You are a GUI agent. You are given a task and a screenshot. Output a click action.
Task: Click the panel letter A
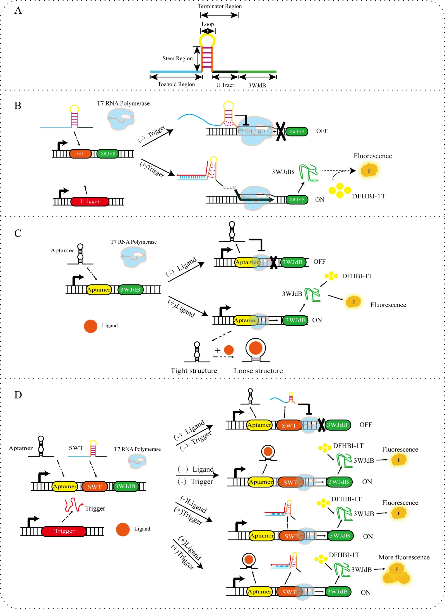(x=18, y=10)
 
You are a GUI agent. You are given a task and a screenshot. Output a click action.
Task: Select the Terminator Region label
(x=220, y=6)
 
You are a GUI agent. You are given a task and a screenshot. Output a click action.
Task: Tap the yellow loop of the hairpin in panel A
(x=207, y=40)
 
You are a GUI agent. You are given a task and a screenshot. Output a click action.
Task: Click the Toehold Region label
(x=176, y=84)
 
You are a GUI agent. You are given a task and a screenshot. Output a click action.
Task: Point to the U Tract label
(x=225, y=85)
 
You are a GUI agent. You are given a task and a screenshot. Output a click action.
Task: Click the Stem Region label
(x=177, y=58)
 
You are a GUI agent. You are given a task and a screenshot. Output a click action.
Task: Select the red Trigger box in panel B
(x=90, y=201)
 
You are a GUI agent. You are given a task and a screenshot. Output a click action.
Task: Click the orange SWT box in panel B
(x=80, y=154)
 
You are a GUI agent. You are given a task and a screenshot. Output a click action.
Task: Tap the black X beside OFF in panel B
(x=281, y=131)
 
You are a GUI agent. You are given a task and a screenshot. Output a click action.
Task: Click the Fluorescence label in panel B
(x=372, y=156)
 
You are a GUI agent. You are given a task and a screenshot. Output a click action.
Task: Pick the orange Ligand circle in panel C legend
(x=91, y=326)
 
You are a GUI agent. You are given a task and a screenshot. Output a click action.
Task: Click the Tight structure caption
(x=194, y=371)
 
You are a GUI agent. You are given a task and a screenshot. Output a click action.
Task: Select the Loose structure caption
(x=258, y=371)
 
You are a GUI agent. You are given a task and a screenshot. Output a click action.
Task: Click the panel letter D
(x=18, y=395)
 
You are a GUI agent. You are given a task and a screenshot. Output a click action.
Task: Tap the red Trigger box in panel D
(x=64, y=531)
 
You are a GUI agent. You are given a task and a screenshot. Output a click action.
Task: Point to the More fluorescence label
(x=404, y=557)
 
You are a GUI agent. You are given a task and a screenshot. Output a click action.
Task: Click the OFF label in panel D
(x=365, y=425)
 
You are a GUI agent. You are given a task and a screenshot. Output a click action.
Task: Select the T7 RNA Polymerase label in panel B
(x=123, y=103)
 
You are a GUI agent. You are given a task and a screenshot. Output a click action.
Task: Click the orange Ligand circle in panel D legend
(x=123, y=530)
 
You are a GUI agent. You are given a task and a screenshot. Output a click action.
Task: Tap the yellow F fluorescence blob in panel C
(x=353, y=302)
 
